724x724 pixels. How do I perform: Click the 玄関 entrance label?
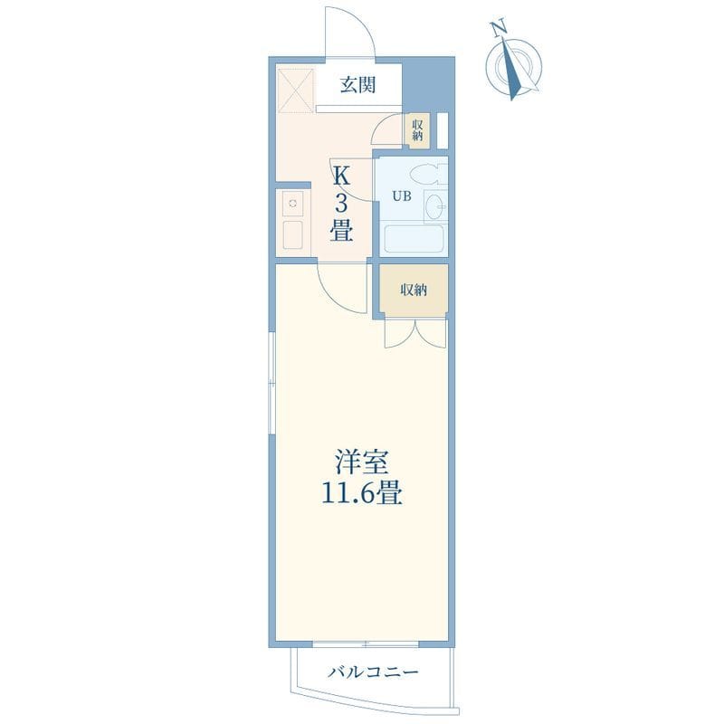[357, 85]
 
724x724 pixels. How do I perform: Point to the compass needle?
[512, 70]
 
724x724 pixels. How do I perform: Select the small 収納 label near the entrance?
[417, 129]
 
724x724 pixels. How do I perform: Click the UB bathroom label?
[402, 196]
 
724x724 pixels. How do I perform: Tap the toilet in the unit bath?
[428, 174]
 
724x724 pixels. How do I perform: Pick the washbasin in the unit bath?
[435, 205]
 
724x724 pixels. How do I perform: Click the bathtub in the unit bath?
[414, 238]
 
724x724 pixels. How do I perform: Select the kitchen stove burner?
[292, 203]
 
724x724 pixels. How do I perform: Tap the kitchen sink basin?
[292, 234]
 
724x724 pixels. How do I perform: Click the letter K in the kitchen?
[341, 176]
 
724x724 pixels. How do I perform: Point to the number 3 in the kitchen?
[341, 203]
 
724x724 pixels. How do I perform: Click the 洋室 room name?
[361, 462]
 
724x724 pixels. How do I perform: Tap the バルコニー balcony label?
[373, 672]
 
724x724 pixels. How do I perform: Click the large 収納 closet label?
[414, 291]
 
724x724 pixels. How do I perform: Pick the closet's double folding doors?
[415, 333]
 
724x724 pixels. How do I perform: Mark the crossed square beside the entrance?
[297, 90]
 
